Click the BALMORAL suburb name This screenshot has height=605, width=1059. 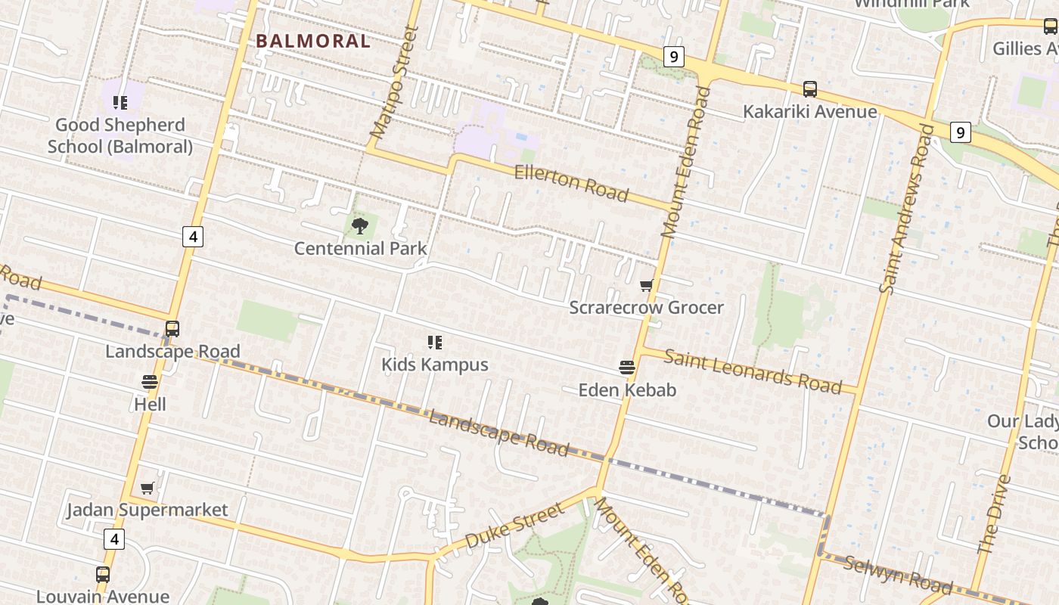313,41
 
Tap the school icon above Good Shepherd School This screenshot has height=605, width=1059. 120,102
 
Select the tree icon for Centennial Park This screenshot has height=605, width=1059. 360,225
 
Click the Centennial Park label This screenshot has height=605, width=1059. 360,248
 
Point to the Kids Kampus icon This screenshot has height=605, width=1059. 434,343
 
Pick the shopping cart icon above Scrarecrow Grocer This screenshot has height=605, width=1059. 646,285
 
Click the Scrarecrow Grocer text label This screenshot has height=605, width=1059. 646,307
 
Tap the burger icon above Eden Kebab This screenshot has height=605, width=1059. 626,368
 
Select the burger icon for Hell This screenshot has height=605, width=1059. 150,382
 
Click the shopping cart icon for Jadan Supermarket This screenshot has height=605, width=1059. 148,489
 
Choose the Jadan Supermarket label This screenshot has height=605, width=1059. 148,510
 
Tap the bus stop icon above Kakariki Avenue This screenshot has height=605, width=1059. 810,89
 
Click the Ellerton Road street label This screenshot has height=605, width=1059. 571,183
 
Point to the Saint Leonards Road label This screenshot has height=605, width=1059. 752,371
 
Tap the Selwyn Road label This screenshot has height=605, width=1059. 898,573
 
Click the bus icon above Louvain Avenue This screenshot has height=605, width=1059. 102,575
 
